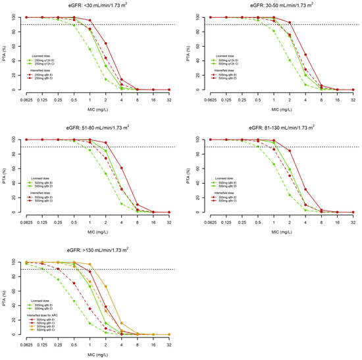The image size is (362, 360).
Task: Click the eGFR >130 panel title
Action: click(x=90, y=250)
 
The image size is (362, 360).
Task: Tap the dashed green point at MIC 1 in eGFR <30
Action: click(x=90, y=49)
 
